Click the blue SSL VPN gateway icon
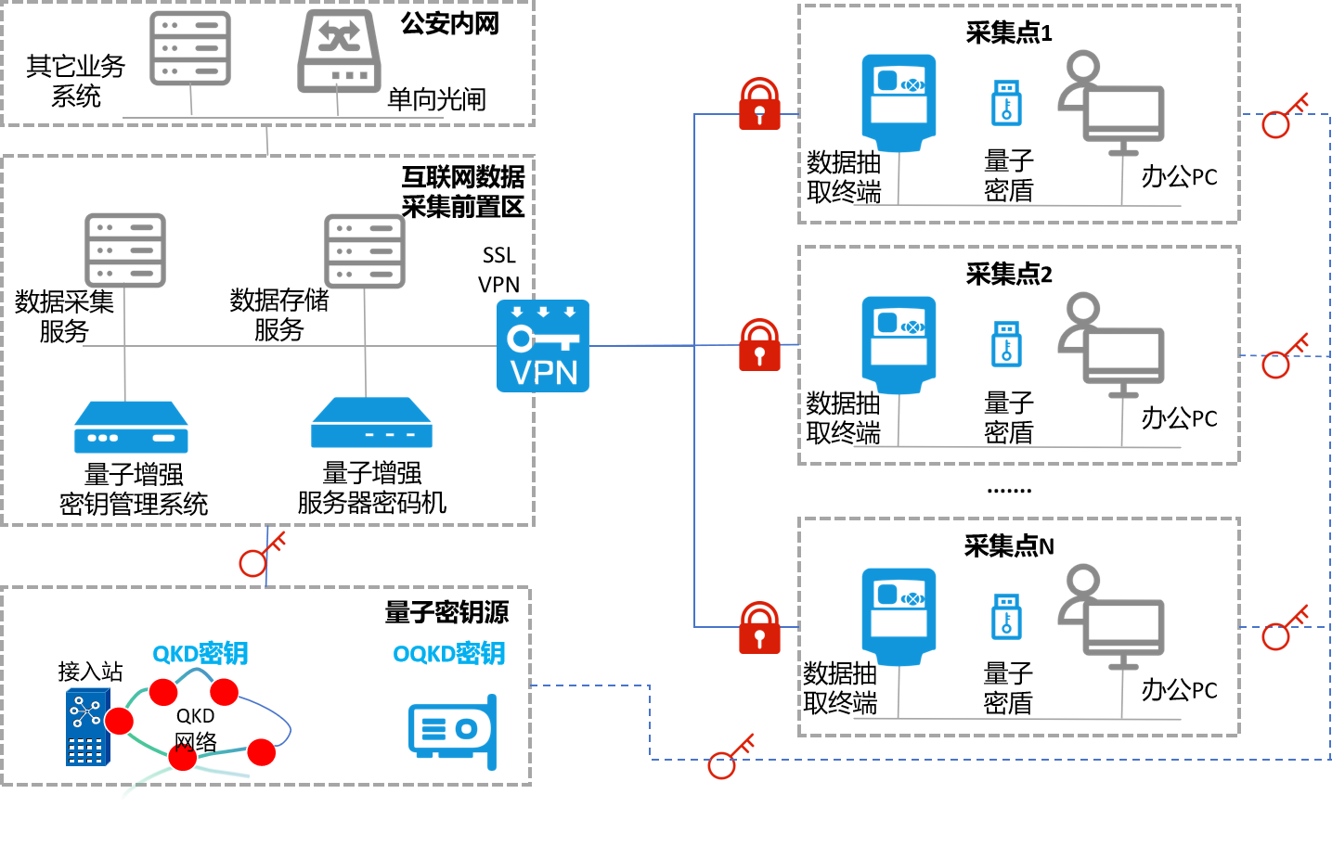click(543, 346)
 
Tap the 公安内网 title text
click(450, 23)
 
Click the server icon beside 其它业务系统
click(190, 49)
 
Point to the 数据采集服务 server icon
click(125, 250)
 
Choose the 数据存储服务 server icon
click(365, 251)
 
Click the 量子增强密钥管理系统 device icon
click(131, 427)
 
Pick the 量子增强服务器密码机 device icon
click(371, 423)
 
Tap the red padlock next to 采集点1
click(759, 104)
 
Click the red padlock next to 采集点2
click(759, 345)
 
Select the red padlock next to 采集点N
click(759, 628)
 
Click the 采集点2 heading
click(1009, 274)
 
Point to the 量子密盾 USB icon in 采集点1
click(1007, 103)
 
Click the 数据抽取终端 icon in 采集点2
click(899, 345)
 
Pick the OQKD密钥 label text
click(449, 654)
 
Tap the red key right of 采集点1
click(1285, 116)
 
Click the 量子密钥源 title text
click(446, 612)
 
